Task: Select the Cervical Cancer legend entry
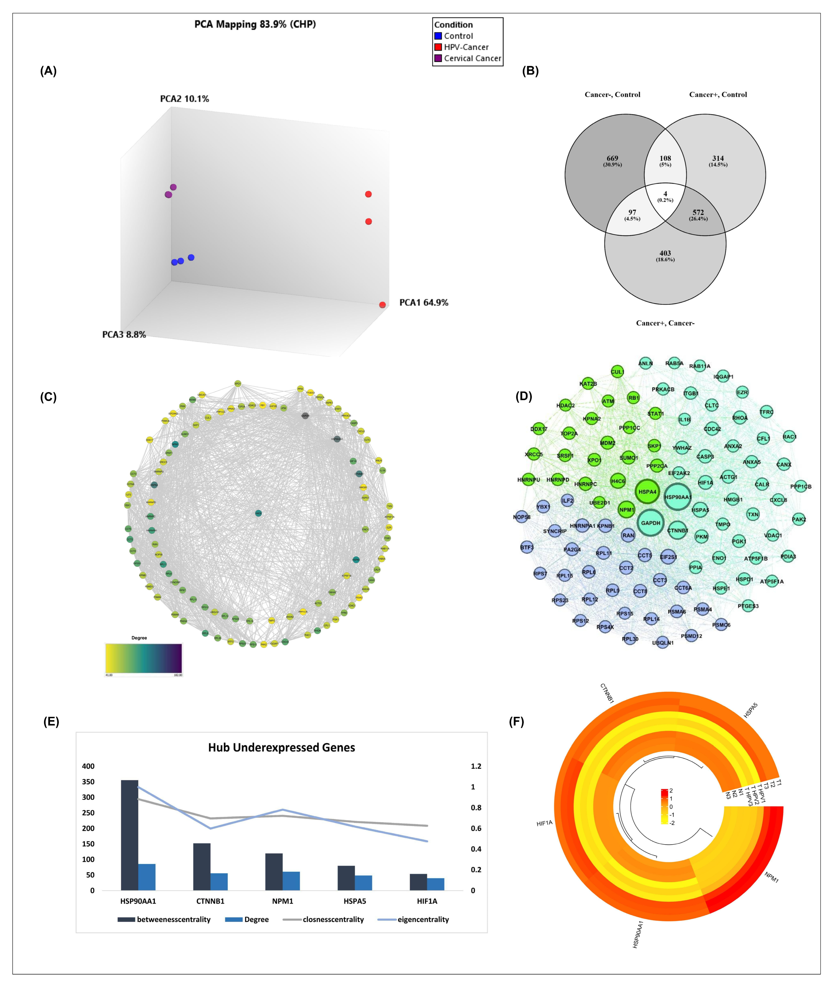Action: click(x=472, y=58)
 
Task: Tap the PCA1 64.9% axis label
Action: click(x=423, y=303)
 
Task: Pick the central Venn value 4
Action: click(x=665, y=194)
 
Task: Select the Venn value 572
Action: click(x=698, y=213)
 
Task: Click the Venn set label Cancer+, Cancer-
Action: click(x=665, y=323)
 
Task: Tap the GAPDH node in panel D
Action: click(x=650, y=523)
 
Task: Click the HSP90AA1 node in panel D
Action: click(x=678, y=497)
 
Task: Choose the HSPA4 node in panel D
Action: click(x=647, y=492)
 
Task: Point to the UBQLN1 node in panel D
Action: click(x=663, y=642)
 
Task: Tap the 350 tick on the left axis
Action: click(x=88, y=782)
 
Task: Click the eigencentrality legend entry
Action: click(x=423, y=920)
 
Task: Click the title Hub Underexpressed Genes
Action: click(x=282, y=748)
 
